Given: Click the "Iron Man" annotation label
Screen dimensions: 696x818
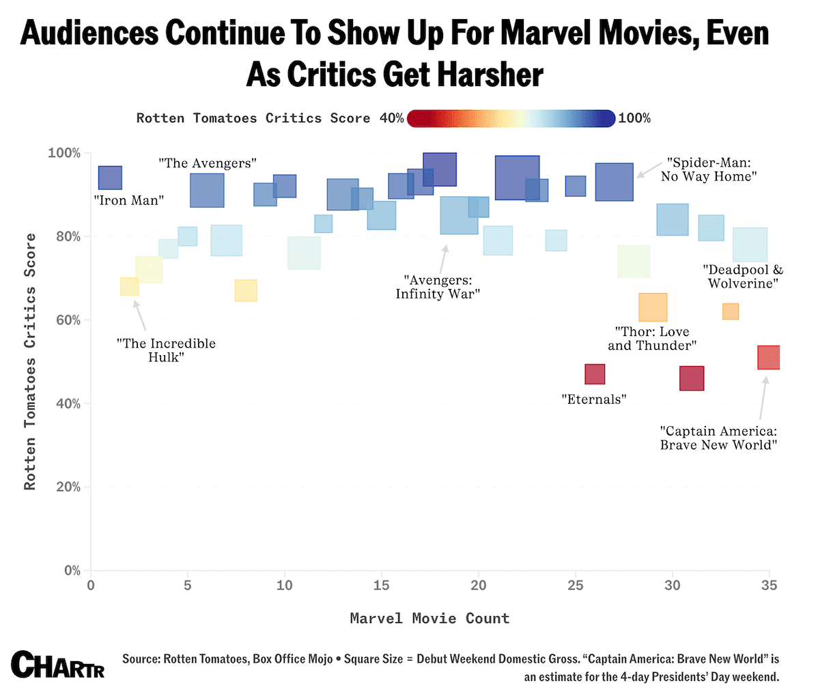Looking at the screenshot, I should point(128,201).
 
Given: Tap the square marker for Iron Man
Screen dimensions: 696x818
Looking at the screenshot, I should point(110,178).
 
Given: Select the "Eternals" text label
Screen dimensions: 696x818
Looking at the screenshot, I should point(593,400).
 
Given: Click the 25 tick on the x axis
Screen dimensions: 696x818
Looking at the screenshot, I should point(576,585).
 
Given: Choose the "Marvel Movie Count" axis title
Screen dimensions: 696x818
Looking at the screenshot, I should point(429,618).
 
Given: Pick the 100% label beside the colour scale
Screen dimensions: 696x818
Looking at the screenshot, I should point(635,118).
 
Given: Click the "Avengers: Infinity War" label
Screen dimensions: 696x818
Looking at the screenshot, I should point(438,287).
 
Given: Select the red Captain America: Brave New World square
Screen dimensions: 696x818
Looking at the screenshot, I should point(769,357).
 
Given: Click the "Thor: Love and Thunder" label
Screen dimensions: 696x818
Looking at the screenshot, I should point(651,339).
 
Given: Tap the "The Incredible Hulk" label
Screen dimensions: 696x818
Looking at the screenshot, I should point(166,350).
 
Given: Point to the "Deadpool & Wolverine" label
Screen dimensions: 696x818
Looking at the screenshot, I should point(743,277).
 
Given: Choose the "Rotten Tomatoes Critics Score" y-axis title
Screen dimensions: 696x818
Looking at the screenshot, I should point(29,361).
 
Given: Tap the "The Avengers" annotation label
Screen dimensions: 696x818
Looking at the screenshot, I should point(208,163).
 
